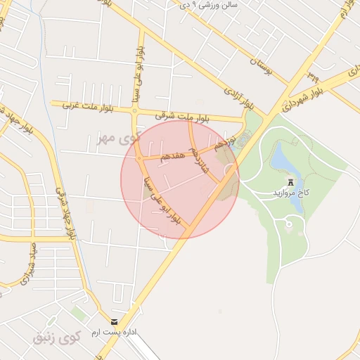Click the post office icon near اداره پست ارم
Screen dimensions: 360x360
click(x=114, y=322)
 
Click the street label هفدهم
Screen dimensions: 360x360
click(x=171, y=155)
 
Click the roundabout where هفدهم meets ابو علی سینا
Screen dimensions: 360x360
click(x=139, y=160)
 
